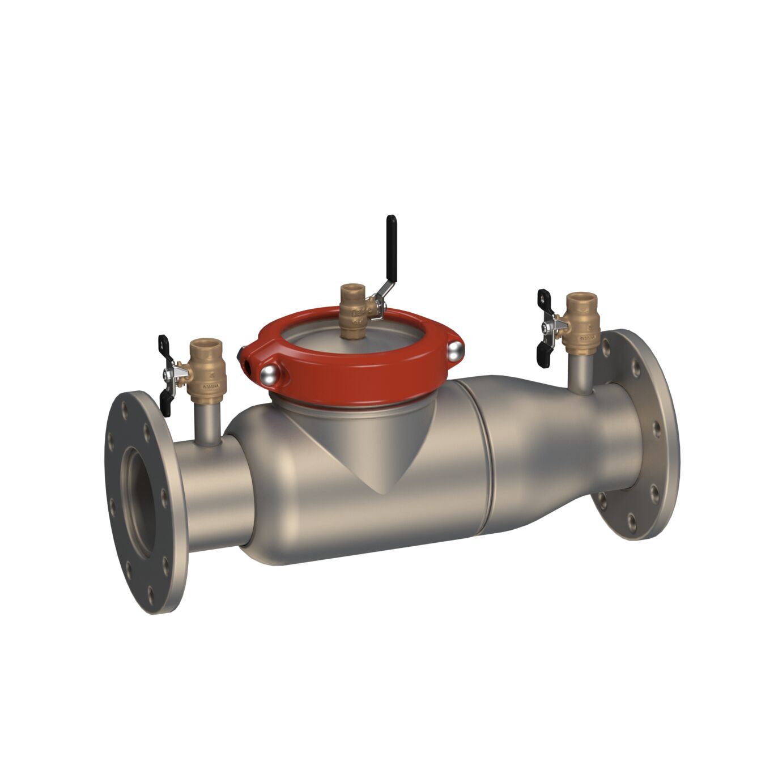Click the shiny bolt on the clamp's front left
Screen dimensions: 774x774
click(270, 374)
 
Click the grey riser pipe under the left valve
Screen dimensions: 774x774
click(206, 422)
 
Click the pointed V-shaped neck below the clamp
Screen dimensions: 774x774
click(380, 453)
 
